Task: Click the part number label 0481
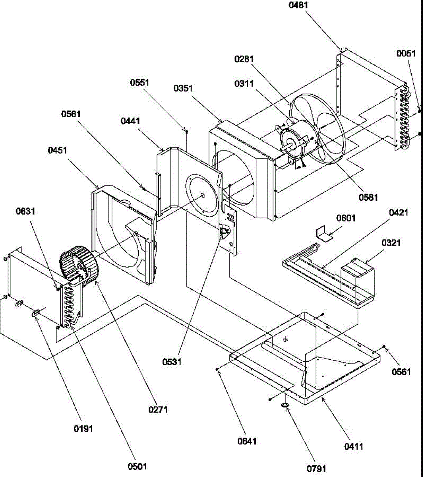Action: [x=298, y=5]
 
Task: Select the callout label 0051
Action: [x=406, y=54]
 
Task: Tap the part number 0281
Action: [x=244, y=59]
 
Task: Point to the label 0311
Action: [x=244, y=83]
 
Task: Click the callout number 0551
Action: [x=139, y=82]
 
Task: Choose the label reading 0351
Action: [x=183, y=88]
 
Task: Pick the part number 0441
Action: [x=130, y=120]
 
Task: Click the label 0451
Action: [x=58, y=150]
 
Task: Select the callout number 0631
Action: [x=25, y=211]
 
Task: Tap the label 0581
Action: [x=368, y=197]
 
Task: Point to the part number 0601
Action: [x=346, y=218]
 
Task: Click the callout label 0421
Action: [x=399, y=213]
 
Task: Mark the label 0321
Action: [x=391, y=242]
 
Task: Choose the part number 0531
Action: [x=172, y=362]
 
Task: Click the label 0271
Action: [x=158, y=409]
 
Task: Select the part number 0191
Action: [x=83, y=429]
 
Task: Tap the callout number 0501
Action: [x=137, y=466]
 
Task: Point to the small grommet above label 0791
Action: [x=285, y=405]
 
